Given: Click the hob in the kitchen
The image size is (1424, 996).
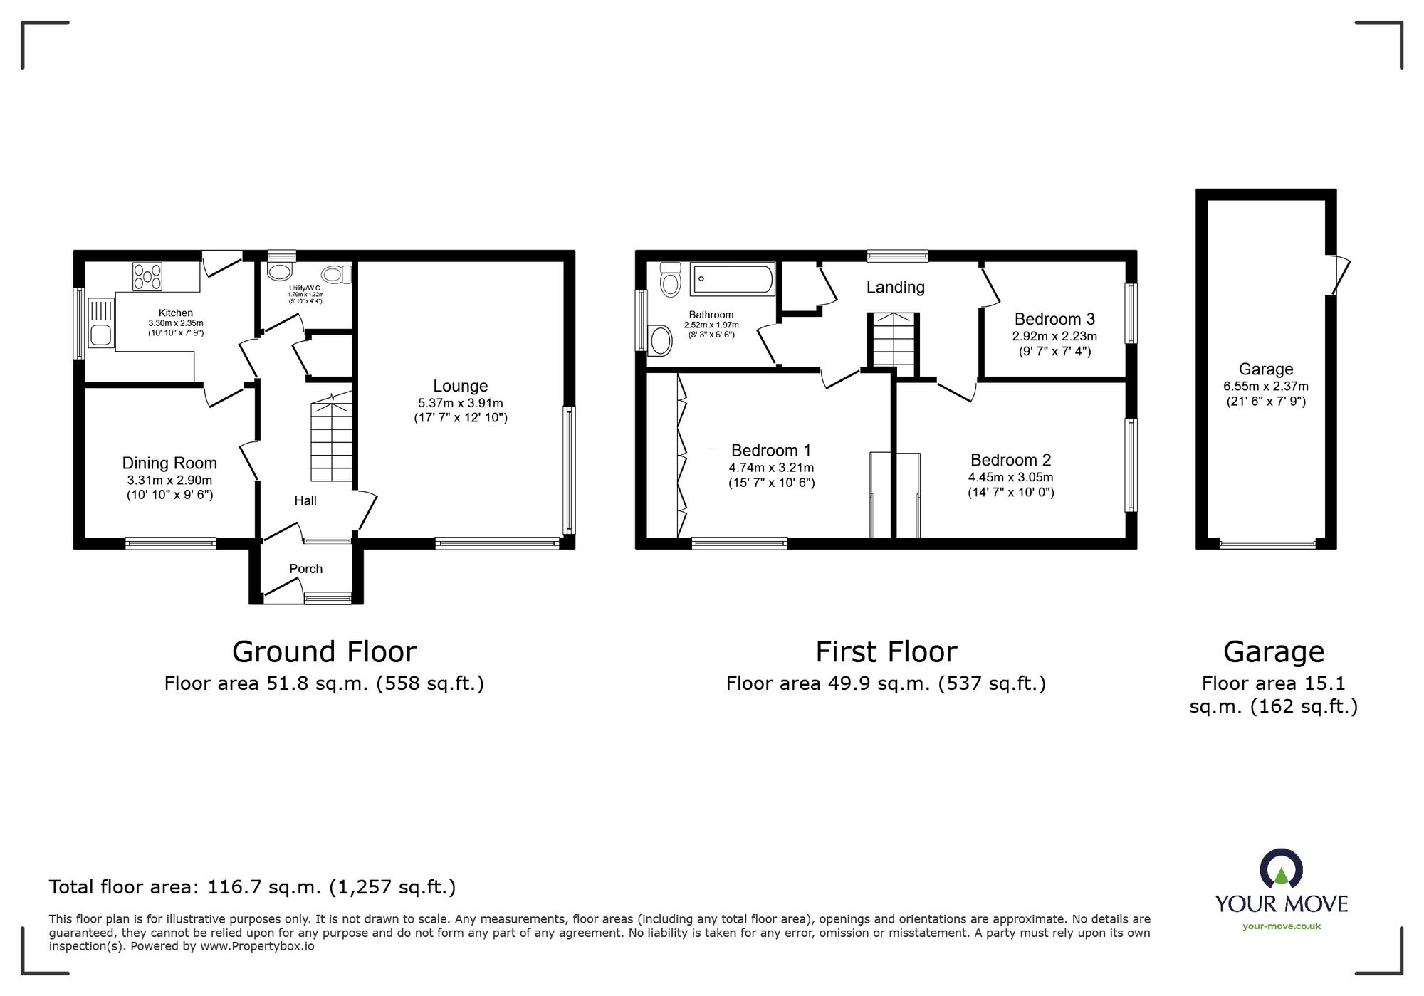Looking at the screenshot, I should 147,277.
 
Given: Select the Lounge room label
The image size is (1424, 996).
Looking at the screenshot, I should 461,386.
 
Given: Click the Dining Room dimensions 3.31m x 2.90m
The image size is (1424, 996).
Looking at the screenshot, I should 169,480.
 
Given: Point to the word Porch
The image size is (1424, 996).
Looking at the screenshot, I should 305,568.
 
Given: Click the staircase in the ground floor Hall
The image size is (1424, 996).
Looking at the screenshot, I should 332,441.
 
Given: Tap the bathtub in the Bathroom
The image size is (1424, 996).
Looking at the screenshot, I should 732,279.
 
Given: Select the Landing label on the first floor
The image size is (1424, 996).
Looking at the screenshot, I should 895,287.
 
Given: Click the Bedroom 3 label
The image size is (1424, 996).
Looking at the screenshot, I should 1054,319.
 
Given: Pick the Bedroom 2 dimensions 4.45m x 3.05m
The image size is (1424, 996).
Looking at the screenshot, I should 1010,477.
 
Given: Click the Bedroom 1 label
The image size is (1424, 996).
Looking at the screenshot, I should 770,450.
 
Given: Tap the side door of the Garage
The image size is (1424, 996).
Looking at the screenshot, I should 1340,275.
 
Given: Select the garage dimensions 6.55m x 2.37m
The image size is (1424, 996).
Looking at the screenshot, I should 1265,386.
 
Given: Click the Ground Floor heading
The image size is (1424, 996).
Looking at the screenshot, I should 324,651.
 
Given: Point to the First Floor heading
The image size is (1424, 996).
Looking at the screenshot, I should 886,651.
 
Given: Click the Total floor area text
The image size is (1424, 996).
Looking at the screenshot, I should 252,886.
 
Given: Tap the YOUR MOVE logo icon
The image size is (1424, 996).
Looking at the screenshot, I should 1281,869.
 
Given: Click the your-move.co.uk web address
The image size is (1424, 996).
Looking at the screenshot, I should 1281,926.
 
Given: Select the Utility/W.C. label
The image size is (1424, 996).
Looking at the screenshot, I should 305,288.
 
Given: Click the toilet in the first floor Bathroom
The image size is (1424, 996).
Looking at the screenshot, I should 670,280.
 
